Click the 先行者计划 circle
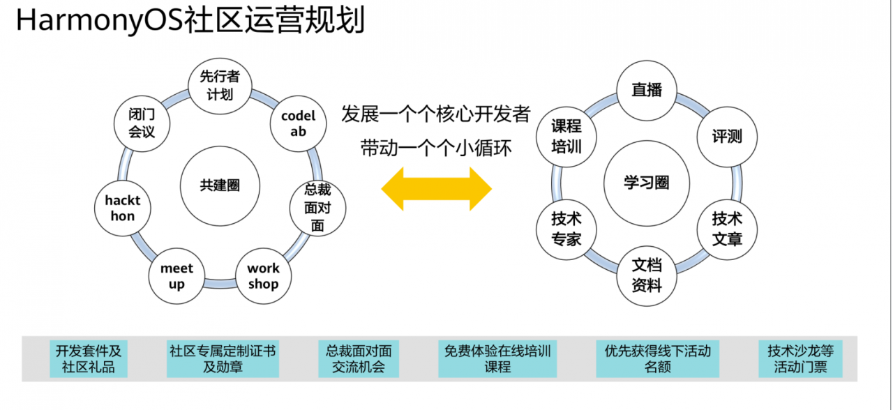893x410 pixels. (219, 86)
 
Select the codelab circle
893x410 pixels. (298, 123)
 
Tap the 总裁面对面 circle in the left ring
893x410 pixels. (317, 207)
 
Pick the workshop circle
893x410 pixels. (263, 276)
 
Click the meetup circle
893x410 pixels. (177, 276)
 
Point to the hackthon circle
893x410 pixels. (123, 208)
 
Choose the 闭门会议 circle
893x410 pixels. (142, 123)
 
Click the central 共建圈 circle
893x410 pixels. (220, 185)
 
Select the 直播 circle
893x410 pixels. (646, 90)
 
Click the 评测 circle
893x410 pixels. (726, 137)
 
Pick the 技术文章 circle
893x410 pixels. (726, 229)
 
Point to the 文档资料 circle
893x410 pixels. (646, 275)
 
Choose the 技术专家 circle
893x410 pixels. (566, 229)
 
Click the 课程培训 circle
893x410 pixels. (566, 137)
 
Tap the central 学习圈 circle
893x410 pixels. (646, 183)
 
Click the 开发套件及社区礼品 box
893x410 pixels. (89, 358)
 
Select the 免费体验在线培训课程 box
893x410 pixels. (497, 358)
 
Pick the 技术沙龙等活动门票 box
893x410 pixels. (800, 358)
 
